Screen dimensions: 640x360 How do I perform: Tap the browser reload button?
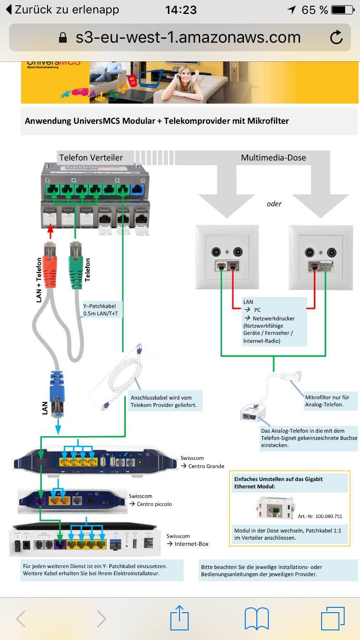336,37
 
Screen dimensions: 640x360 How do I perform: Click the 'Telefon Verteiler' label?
91,157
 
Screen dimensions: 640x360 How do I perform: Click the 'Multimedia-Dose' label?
273,157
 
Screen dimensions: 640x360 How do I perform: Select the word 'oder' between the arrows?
274,204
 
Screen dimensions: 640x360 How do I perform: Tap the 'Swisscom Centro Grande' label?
202,462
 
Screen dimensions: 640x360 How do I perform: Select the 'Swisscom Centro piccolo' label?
150,500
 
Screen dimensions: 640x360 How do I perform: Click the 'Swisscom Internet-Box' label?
187,540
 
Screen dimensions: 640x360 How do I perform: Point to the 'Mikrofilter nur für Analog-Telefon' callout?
330,401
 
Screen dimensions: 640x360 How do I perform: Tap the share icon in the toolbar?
180,618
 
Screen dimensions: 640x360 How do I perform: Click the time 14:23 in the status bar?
180,10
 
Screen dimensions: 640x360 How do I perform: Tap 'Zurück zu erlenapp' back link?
62,10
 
